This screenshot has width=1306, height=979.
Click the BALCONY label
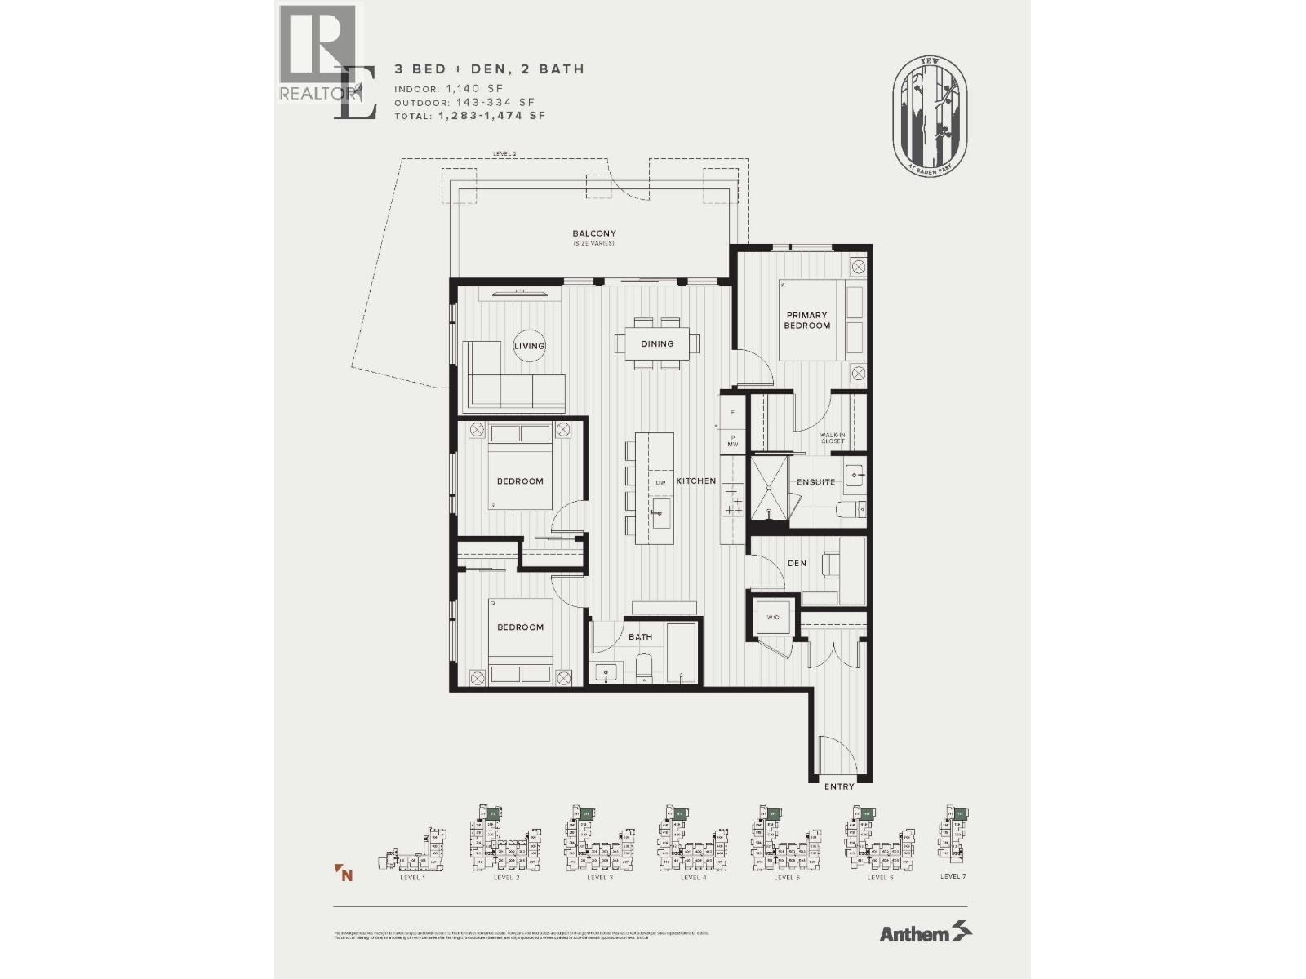593,234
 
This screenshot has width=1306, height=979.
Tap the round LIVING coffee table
529,346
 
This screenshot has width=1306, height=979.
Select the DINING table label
657,343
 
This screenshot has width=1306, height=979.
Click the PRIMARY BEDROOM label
806,320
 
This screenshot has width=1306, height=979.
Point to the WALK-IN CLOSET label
833,438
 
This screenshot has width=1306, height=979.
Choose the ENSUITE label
816,482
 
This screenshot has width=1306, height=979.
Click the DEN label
797,563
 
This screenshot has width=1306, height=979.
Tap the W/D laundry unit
773,618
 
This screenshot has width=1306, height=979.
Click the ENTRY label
839,786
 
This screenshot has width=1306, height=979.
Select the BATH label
641,637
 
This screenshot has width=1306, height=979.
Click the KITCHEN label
696,481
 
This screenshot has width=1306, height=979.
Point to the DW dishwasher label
661,483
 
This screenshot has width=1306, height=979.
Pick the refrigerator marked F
732,413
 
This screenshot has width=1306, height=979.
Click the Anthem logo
925,932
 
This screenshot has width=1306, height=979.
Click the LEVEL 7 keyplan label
953,876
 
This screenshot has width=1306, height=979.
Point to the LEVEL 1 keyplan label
411,878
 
